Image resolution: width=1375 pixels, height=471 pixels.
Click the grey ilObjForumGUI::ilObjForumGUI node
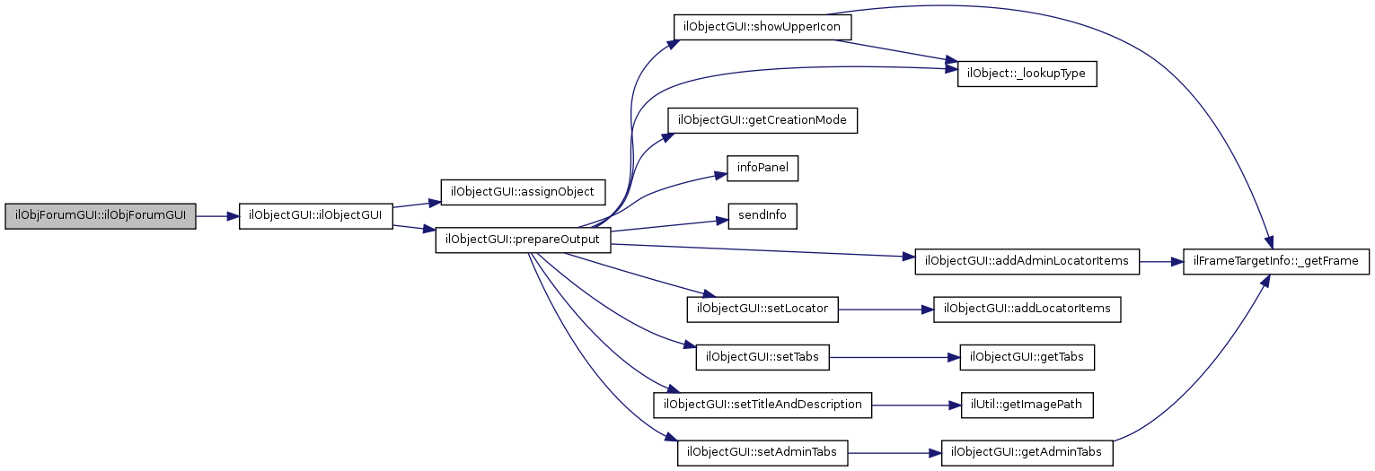100,216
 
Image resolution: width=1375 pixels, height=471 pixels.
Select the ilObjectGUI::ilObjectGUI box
315,216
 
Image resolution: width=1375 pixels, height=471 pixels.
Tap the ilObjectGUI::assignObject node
523,192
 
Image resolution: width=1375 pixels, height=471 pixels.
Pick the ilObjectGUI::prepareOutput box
523,240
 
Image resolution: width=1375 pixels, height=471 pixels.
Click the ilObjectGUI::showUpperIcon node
762,26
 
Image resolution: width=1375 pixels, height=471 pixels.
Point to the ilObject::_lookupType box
1027,74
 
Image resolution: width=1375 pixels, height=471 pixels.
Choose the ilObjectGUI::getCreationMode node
762,120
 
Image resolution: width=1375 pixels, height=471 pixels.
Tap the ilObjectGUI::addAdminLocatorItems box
1027,262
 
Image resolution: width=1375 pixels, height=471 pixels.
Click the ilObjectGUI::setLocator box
762,309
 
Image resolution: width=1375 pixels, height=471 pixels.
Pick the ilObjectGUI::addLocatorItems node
1027,309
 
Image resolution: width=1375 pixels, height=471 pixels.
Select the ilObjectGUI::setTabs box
762,356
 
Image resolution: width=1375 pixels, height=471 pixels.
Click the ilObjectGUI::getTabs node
1027,356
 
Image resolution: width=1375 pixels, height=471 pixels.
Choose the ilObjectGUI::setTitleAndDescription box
762,405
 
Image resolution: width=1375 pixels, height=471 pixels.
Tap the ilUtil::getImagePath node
1027,405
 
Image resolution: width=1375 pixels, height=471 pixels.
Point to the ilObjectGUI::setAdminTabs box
762,452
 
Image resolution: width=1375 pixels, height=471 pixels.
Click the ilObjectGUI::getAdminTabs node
1027,452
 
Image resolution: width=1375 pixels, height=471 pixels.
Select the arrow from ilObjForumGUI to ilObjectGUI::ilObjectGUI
216,216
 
